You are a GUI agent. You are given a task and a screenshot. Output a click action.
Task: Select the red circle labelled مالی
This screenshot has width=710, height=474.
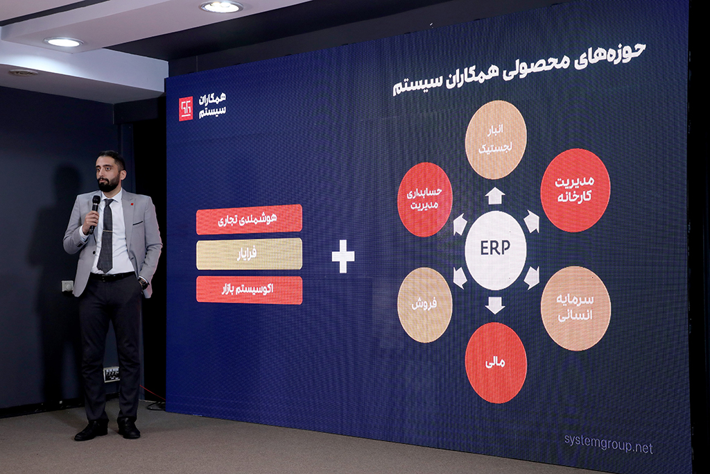point(496,362)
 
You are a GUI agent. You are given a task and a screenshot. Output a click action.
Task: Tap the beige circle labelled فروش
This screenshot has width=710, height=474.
point(425,305)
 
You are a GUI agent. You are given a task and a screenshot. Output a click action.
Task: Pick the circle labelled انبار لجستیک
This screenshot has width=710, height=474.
point(496,139)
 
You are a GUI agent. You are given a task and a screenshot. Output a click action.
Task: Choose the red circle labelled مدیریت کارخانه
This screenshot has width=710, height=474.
point(575,190)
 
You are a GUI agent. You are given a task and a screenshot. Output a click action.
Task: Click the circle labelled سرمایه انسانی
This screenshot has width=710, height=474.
point(575,308)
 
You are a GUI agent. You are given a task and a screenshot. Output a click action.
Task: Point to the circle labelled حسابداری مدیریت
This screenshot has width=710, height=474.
point(425,199)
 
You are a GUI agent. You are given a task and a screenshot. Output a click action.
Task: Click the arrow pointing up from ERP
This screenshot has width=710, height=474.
point(495,195)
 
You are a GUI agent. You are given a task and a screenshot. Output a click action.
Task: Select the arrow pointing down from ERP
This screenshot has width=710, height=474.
point(495,305)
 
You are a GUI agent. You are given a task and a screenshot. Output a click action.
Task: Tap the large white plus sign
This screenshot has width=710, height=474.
point(343,256)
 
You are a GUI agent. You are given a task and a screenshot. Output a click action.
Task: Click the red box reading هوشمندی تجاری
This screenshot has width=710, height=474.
point(249,219)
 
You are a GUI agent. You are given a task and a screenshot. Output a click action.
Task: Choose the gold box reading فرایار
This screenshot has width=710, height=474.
point(249,254)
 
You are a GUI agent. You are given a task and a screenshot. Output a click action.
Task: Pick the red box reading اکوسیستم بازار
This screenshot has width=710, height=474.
point(249,289)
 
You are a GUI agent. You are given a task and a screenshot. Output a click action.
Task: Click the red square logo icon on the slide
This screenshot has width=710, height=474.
point(186,109)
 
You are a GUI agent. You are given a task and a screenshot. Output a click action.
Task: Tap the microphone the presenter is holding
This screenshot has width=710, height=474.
point(94,213)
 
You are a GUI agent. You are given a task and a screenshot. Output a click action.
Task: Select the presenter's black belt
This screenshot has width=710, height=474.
point(112,276)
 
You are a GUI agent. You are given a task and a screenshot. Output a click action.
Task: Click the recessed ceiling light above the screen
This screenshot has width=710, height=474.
point(221,6)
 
